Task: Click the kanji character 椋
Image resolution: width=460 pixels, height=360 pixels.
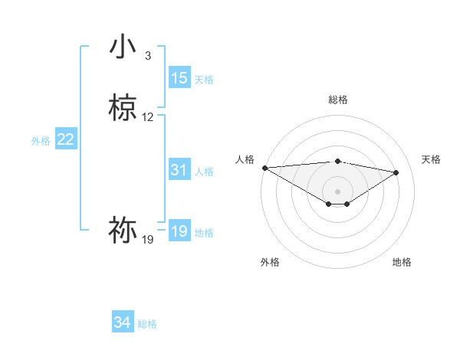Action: (123, 108)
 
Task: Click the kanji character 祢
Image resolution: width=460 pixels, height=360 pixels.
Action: (123, 229)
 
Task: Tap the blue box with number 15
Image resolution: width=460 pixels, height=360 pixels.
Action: (179, 77)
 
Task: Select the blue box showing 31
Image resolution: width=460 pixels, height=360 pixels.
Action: (179, 170)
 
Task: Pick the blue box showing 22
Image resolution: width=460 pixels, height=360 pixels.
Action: (66, 139)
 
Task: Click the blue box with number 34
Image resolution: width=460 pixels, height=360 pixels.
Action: (123, 322)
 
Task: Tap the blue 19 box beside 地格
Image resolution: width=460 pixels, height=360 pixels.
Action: (179, 231)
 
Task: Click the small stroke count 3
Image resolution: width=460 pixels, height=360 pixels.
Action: (148, 56)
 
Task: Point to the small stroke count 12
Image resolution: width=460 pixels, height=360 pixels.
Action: (148, 117)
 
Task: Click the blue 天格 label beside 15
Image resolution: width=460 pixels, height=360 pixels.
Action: (204, 79)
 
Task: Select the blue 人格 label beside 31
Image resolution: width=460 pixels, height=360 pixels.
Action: (204, 172)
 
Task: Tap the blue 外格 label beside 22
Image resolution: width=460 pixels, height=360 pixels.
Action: (41, 141)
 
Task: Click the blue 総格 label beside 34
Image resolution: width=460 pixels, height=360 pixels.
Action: (147, 324)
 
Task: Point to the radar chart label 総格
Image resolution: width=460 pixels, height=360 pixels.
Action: (338, 100)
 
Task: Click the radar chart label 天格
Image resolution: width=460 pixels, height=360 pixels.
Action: (431, 159)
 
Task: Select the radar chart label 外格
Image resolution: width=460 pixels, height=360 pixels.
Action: (270, 262)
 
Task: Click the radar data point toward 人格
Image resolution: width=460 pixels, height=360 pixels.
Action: (264, 168)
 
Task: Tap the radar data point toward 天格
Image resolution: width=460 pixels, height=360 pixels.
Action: (396, 172)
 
